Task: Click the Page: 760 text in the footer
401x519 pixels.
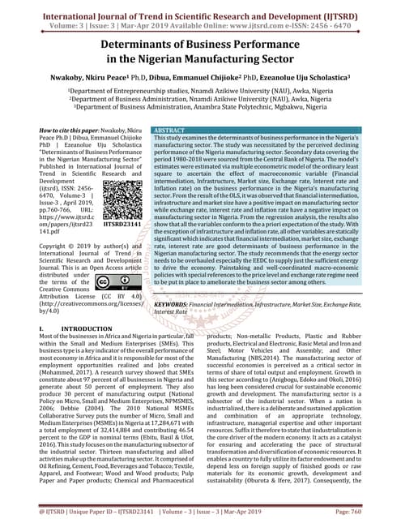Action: point(373,513)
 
